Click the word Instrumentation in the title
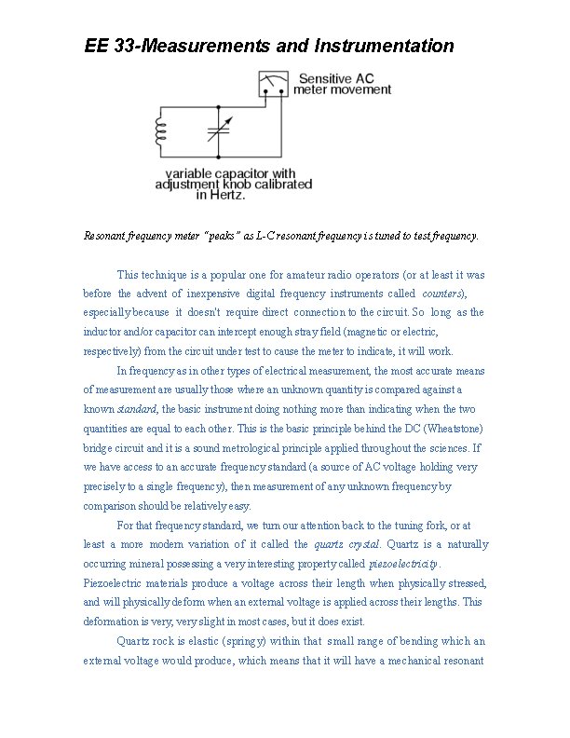[x=385, y=46]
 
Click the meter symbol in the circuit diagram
[x=273, y=85]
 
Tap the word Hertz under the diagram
[x=227, y=196]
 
